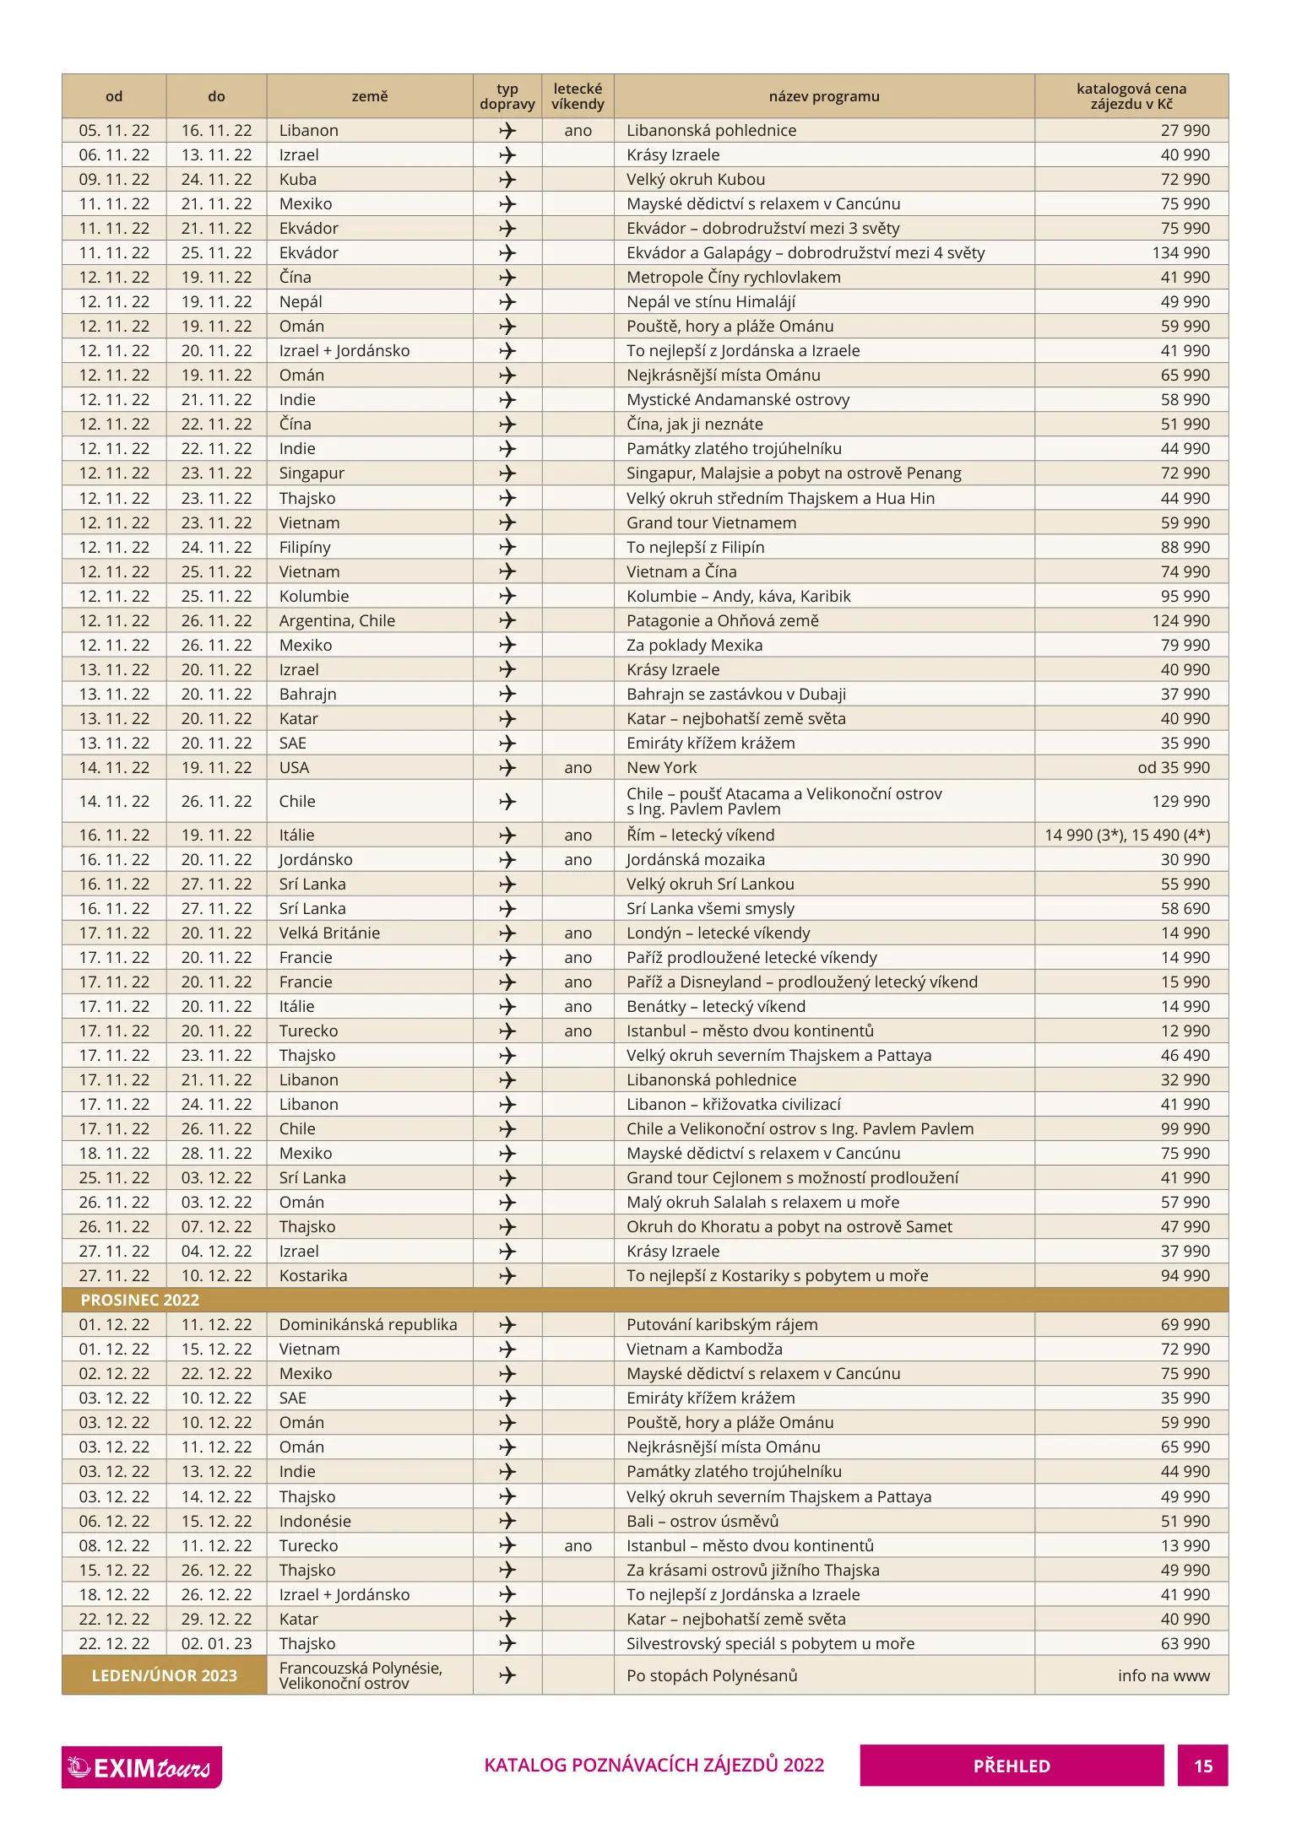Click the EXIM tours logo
[x=141, y=1766]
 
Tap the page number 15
[x=1202, y=1766]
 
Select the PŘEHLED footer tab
[x=1011, y=1766]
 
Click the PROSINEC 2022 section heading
[x=139, y=1300]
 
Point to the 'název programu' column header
[x=823, y=96]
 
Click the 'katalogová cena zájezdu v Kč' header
[x=1131, y=96]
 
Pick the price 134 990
[x=1180, y=252]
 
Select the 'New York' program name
[x=661, y=767]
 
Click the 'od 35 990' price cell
[x=1173, y=767]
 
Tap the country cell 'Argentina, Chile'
[x=337, y=620]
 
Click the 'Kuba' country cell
[x=298, y=179]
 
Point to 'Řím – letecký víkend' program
[x=700, y=835]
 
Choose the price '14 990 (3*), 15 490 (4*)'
[x=1127, y=835]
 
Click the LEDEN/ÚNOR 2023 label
[x=164, y=1675]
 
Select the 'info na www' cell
[x=1164, y=1675]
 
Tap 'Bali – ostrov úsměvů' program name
[x=702, y=1521]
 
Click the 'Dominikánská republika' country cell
[x=368, y=1324]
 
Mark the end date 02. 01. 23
[x=216, y=1643]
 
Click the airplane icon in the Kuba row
[x=507, y=179]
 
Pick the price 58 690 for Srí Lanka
[x=1185, y=908]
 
